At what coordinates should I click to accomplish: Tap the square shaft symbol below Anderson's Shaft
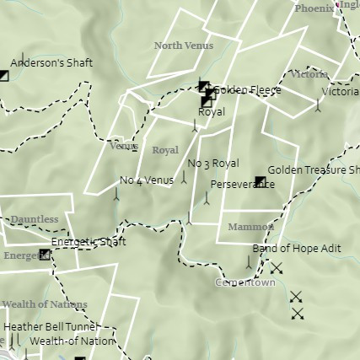point(4,76)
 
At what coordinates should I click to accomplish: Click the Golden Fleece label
point(247,90)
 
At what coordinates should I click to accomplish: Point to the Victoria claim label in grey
point(307,74)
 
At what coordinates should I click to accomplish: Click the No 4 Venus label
point(147,180)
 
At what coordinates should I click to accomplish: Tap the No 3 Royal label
point(213,163)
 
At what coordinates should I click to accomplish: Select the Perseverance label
point(242,184)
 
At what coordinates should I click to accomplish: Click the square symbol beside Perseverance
point(260,182)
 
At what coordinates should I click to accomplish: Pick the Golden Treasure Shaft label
point(313,170)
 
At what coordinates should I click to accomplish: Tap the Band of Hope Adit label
point(296,249)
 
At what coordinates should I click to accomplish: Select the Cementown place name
point(244,282)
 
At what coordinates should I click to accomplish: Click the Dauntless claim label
point(35,220)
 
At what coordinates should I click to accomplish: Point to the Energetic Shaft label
point(89,242)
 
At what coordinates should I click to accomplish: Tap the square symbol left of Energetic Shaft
point(45,255)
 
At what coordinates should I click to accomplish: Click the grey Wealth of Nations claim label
point(45,304)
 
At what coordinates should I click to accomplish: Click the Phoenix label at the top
point(314,8)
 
